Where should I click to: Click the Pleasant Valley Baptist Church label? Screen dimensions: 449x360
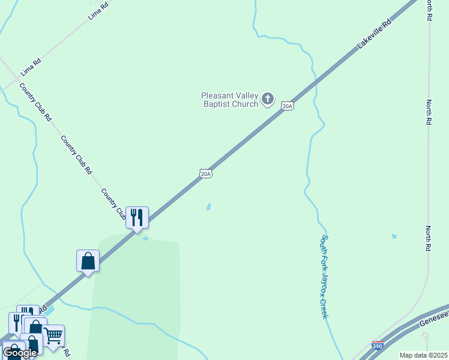point(229,99)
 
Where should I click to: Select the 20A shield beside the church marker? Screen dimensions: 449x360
point(288,106)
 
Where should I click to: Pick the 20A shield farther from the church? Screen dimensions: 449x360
point(206,173)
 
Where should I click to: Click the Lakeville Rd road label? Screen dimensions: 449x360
point(374,34)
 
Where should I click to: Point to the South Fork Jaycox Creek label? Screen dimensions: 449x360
point(324,276)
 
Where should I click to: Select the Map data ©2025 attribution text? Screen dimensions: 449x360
point(423,355)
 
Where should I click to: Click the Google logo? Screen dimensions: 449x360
point(20,352)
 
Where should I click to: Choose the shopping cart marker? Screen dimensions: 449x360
point(53,335)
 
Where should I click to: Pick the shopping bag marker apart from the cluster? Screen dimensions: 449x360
point(88,261)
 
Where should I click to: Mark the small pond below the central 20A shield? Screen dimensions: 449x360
point(208,206)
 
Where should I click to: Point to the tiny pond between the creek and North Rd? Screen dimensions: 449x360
point(394,236)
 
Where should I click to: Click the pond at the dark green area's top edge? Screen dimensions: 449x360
point(145,239)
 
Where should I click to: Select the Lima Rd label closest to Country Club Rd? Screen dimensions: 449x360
point(31,67)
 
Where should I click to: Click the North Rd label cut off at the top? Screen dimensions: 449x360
point(429,10)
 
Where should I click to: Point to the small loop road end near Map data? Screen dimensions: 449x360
point(425,337)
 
